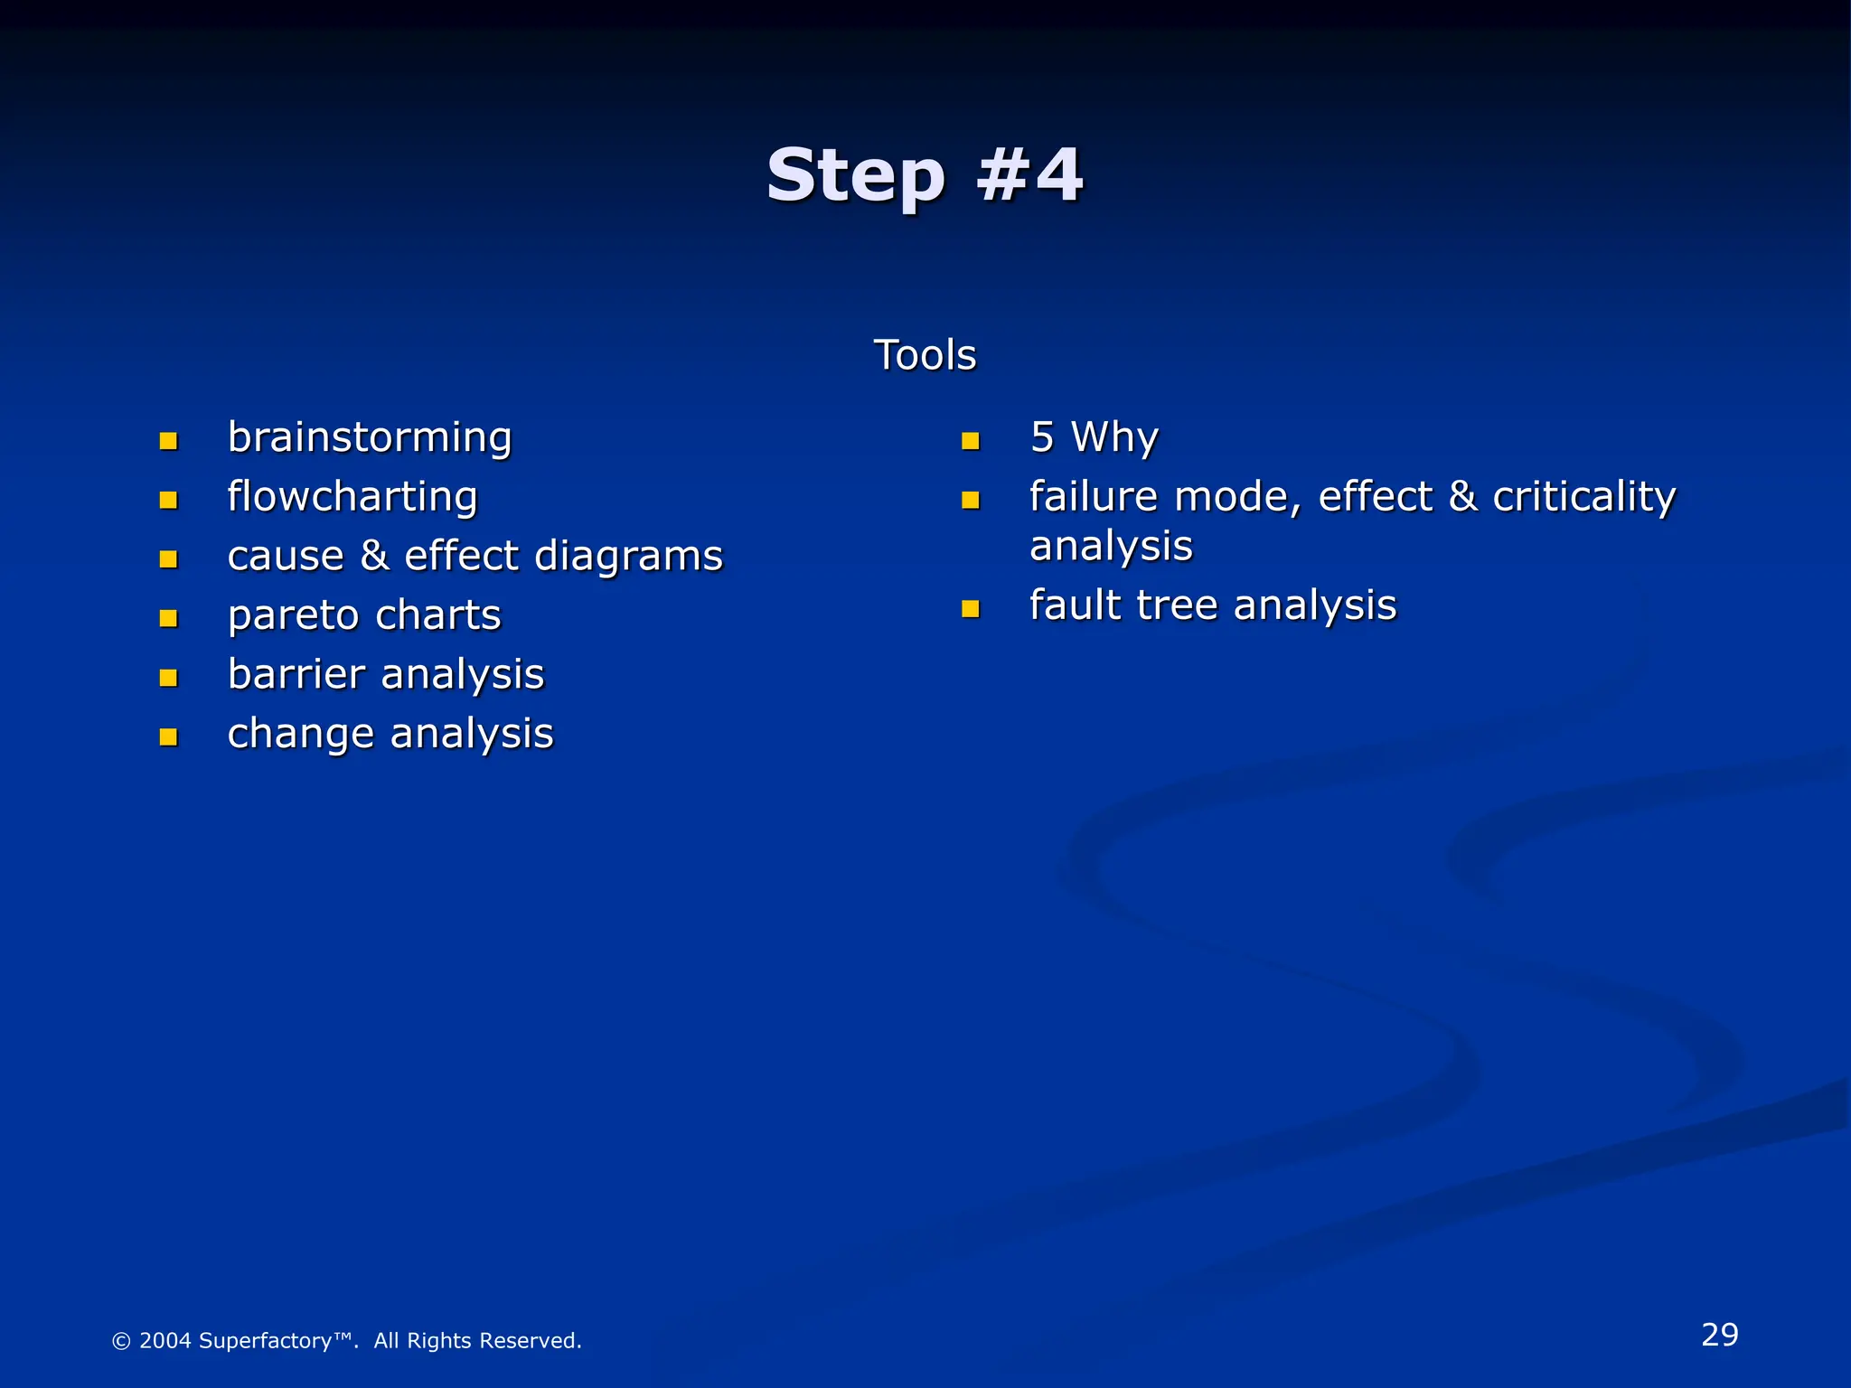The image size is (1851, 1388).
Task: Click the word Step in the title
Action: [854, 176]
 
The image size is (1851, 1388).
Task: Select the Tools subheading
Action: [925, 355]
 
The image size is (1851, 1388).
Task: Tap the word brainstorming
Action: [370, 438]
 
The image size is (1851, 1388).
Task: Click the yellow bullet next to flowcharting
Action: [168, 500]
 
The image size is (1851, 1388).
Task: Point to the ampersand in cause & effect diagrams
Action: [374, 555]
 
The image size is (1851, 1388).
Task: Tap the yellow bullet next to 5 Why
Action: [971, 441]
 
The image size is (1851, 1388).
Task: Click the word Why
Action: [1113, 438]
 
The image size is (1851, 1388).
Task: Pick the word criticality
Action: [1583, 498]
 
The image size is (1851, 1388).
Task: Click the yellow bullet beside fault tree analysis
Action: [971, 609]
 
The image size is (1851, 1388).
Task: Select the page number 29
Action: [1719, 1335]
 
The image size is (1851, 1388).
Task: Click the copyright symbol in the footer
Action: [121, 1341]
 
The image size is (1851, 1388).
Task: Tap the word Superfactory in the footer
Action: [265, 1341]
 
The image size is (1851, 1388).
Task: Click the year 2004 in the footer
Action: [165, 1341]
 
